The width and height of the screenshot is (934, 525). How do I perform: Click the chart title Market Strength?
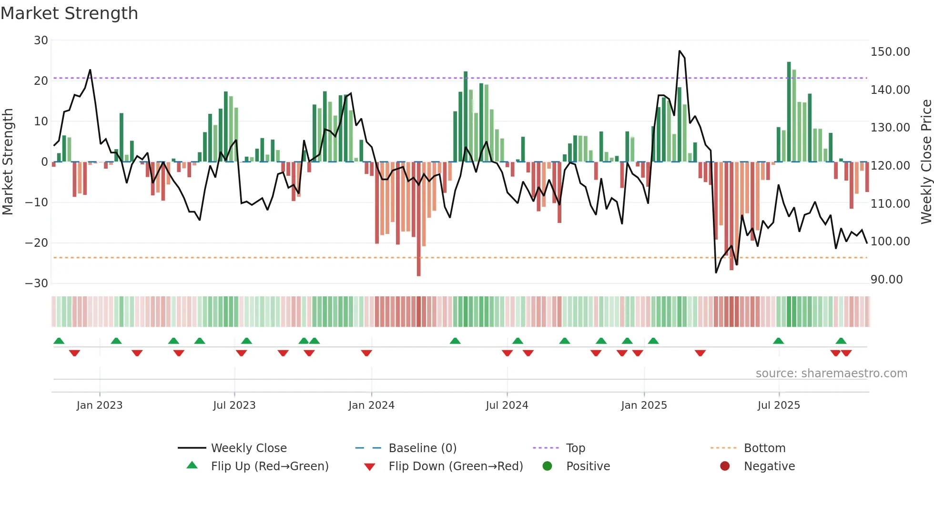(x=69, y=13)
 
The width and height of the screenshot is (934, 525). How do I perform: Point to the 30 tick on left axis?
(x=41, y=40)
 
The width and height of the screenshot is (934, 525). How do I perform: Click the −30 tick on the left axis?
(x=37, y=283)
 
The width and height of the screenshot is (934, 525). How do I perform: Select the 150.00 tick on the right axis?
(x=890, y=52)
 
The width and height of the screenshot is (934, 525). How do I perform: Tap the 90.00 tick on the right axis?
(x=886, y=280)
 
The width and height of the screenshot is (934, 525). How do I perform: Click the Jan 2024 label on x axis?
(x=371, y=405)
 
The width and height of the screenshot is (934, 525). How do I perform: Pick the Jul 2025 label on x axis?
(x=779, y=405)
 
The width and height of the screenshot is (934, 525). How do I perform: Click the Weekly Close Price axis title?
(x=926, y=162)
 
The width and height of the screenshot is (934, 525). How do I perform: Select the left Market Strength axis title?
(x=8, y=162)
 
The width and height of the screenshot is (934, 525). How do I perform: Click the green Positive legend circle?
(x=547, y=466)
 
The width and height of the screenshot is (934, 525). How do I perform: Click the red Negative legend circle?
(x=725, y=466)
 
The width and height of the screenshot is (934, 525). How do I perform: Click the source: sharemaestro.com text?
(x=831, y=374)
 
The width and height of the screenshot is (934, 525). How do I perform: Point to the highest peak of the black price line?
(x=680, y=51)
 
